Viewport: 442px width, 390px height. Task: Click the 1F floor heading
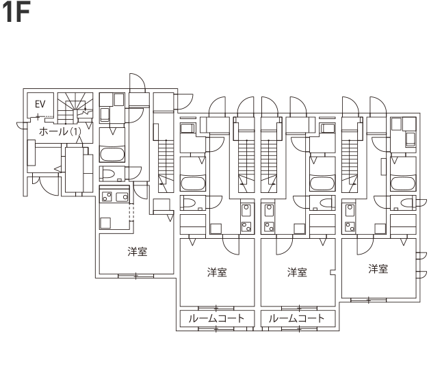16,13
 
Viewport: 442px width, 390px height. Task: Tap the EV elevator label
40,104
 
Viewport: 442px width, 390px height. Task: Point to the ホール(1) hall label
60,131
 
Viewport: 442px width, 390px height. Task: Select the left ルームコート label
216,318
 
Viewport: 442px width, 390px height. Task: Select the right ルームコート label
296,318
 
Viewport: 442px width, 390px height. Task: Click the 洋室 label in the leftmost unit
138,251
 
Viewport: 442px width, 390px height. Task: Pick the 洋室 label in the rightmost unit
378,269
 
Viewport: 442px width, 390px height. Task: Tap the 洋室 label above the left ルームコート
217,272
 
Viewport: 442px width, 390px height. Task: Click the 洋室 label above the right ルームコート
297,272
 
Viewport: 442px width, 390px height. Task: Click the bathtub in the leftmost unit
112,155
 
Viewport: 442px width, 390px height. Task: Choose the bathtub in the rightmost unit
403,183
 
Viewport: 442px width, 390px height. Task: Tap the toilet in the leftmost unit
108,174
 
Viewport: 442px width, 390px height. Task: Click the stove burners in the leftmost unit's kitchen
107,196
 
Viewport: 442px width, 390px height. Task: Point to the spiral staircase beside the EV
75,108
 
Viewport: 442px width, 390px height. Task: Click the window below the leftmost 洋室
135,276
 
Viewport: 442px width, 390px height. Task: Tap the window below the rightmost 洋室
369,300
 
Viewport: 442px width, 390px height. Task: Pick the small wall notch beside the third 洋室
333,272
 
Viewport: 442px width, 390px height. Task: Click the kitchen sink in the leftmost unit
122,196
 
